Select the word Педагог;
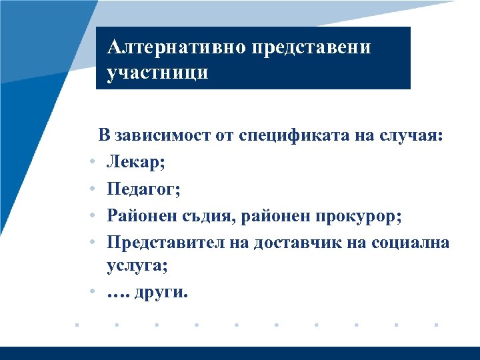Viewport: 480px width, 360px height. point(143,190)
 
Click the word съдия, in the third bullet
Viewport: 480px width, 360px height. point(207,216)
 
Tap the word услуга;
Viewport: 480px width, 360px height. point(137,267)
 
